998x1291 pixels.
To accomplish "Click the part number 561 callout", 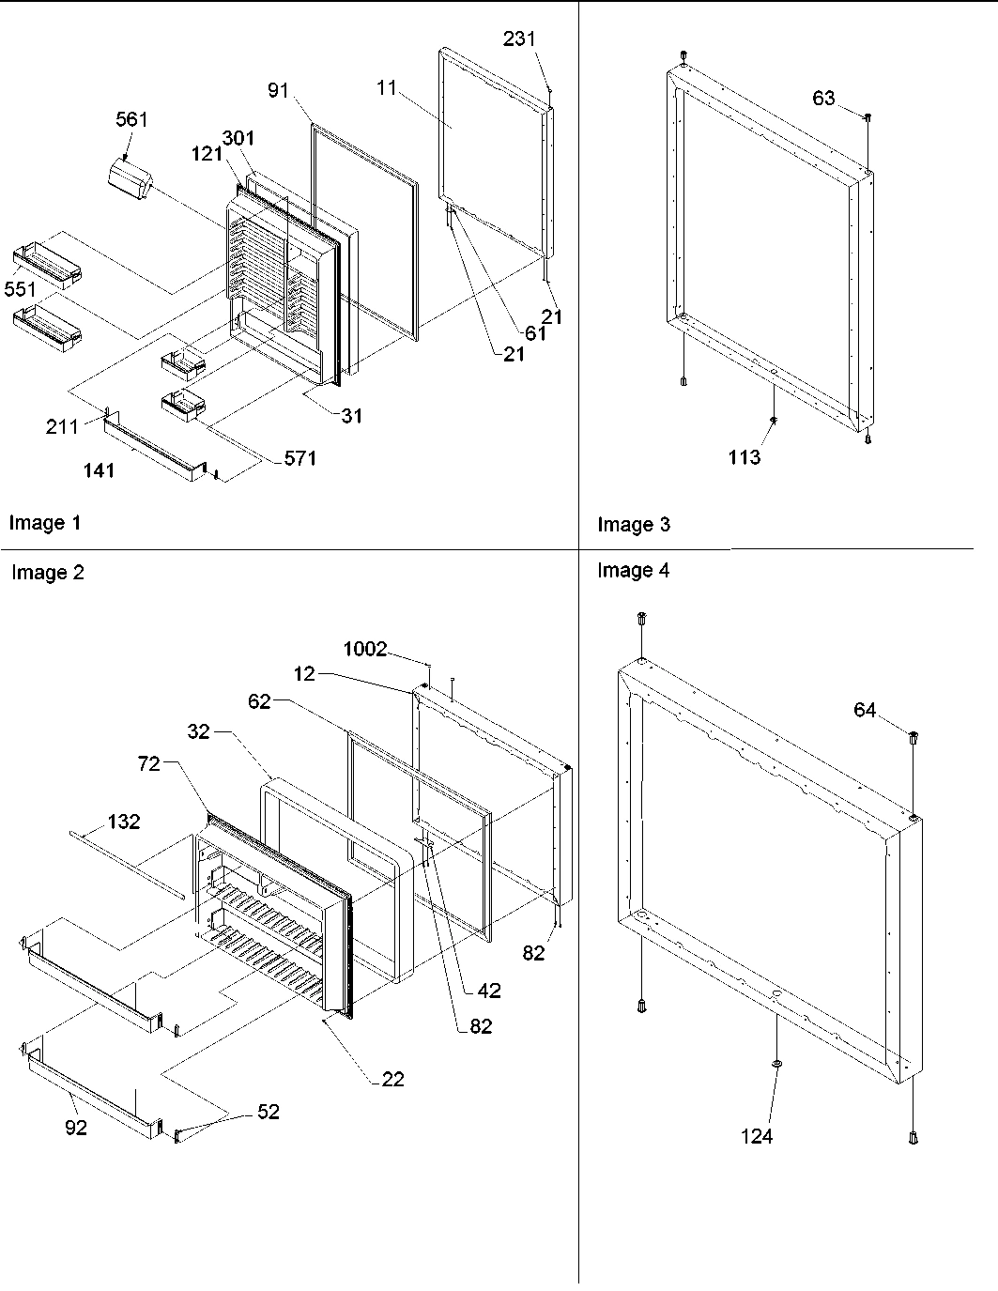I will coord(131,119).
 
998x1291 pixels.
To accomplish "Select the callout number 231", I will coord(519,38).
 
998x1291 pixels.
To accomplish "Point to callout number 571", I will coord(301,458).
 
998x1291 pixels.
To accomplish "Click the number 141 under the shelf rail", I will coord(99,470).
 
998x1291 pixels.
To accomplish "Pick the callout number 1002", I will coord(364,650).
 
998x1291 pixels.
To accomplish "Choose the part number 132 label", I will coord(123,822).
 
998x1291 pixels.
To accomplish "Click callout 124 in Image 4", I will coord(756,1136).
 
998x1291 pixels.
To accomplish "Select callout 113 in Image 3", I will coord(744,457).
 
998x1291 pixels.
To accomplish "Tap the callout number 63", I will coord(823,98).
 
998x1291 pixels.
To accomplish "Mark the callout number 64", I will coord(864,711).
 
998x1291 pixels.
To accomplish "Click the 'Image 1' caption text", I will coord(45,523).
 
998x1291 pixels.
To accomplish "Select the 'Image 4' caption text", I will coord(633,570).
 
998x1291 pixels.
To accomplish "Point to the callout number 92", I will coord(75,1128).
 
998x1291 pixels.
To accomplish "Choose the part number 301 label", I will coord(238,138).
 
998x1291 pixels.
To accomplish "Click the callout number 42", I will coord(488,991).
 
